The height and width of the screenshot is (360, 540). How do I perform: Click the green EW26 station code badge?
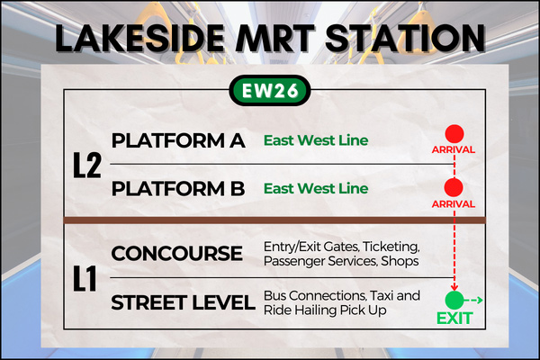pos(270,91)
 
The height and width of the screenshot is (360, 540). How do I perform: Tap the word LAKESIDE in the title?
pos(139,38)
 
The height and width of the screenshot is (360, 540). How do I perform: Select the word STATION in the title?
pos(405,38)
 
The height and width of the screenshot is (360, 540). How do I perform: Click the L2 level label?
pos(87,166)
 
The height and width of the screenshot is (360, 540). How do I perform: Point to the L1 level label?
pos(85,278)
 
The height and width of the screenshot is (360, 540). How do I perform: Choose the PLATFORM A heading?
pos(178,140)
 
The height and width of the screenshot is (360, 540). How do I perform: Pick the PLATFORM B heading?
pos(178,189)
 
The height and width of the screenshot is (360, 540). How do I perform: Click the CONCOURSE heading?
pos(177,254)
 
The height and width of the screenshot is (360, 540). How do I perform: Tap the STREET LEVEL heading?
pos(183,302)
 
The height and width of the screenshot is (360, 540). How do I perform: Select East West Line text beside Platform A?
pos(316,140)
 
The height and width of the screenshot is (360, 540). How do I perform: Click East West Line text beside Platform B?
pos(316,188)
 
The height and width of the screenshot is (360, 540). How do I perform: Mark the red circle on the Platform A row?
pos(454,134)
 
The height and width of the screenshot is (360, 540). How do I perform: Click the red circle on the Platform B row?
pos(454,187)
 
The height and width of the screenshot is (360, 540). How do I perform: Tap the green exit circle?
pos(454,301)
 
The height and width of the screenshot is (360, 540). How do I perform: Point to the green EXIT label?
pos(454,319)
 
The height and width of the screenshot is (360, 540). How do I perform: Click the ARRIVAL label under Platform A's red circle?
pos(454,150)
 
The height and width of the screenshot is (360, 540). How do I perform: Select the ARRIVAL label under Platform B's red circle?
pos(454,204)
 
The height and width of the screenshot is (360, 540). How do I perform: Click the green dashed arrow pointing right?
pos(473,301)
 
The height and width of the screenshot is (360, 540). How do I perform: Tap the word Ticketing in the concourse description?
pos(391,247)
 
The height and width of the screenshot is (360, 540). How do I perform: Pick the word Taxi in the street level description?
pos(382,295)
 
